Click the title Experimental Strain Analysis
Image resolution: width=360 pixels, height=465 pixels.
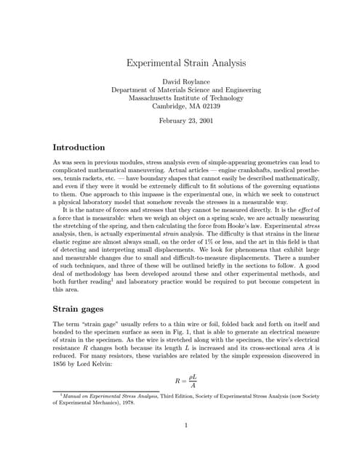tap(185, 63)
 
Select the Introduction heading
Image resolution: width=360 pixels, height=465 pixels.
tap(79, 147)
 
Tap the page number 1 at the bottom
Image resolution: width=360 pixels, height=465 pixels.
tap(186, 426)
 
